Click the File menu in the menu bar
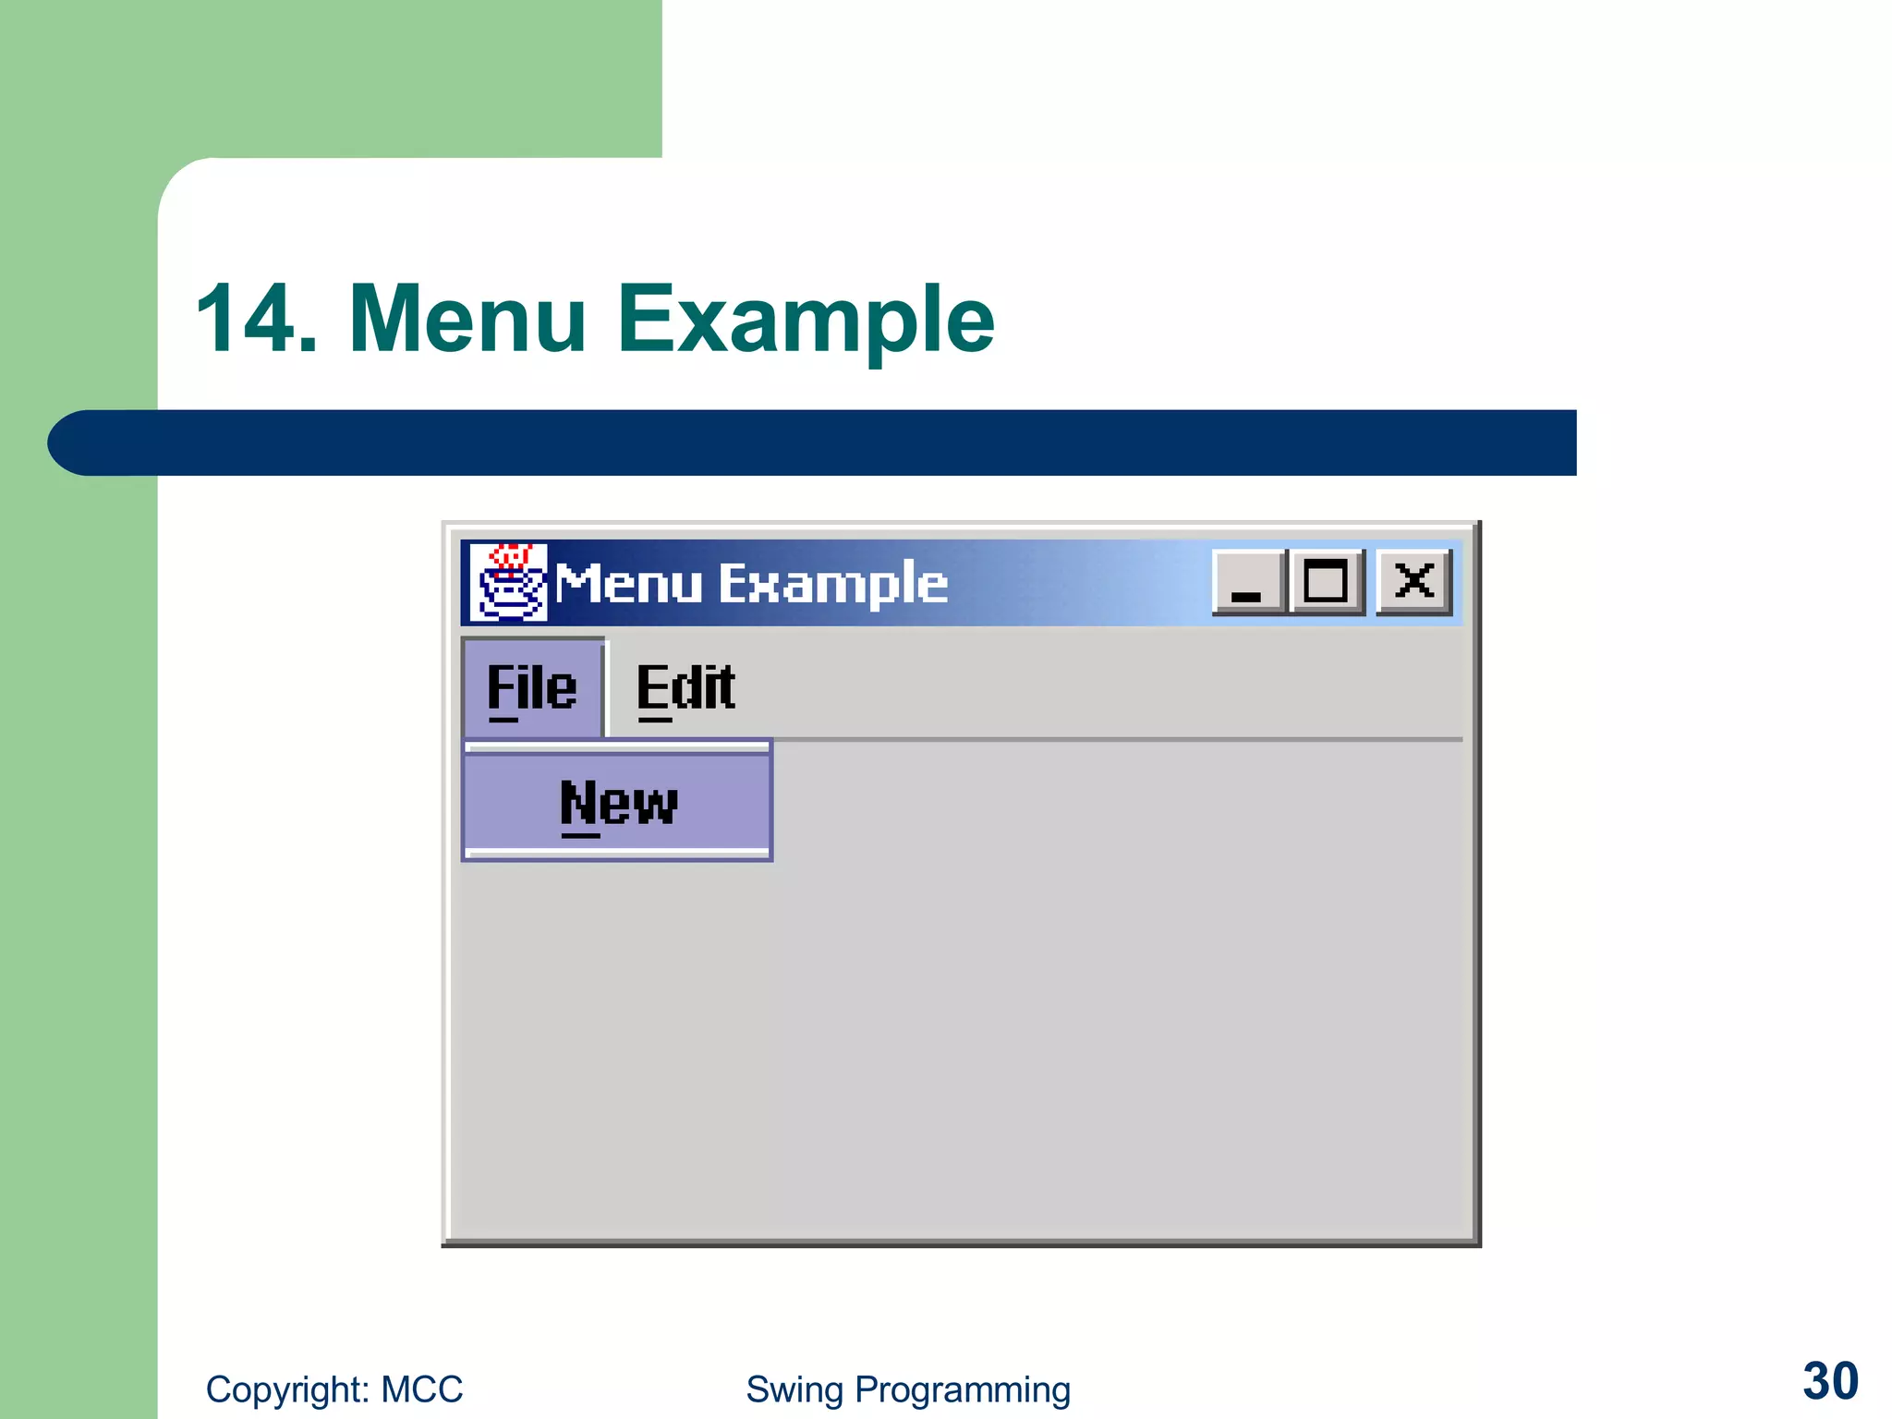tap(532, 688)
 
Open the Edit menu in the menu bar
tap(685, 688)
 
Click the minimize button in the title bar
tap(1247, 582)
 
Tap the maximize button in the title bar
tap(1326, 582)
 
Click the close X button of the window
tap(1413, 582)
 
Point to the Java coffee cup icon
tap(508, 582)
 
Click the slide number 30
tap(1830, 1381)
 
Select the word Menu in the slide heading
tap(467, 319)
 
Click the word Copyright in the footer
tap(287, 1389)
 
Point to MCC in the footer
tap(422, 1389)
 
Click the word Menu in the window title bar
tap(628, 584)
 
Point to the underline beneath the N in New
tap(580, 835)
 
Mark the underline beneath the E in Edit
tap(654, 720)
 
